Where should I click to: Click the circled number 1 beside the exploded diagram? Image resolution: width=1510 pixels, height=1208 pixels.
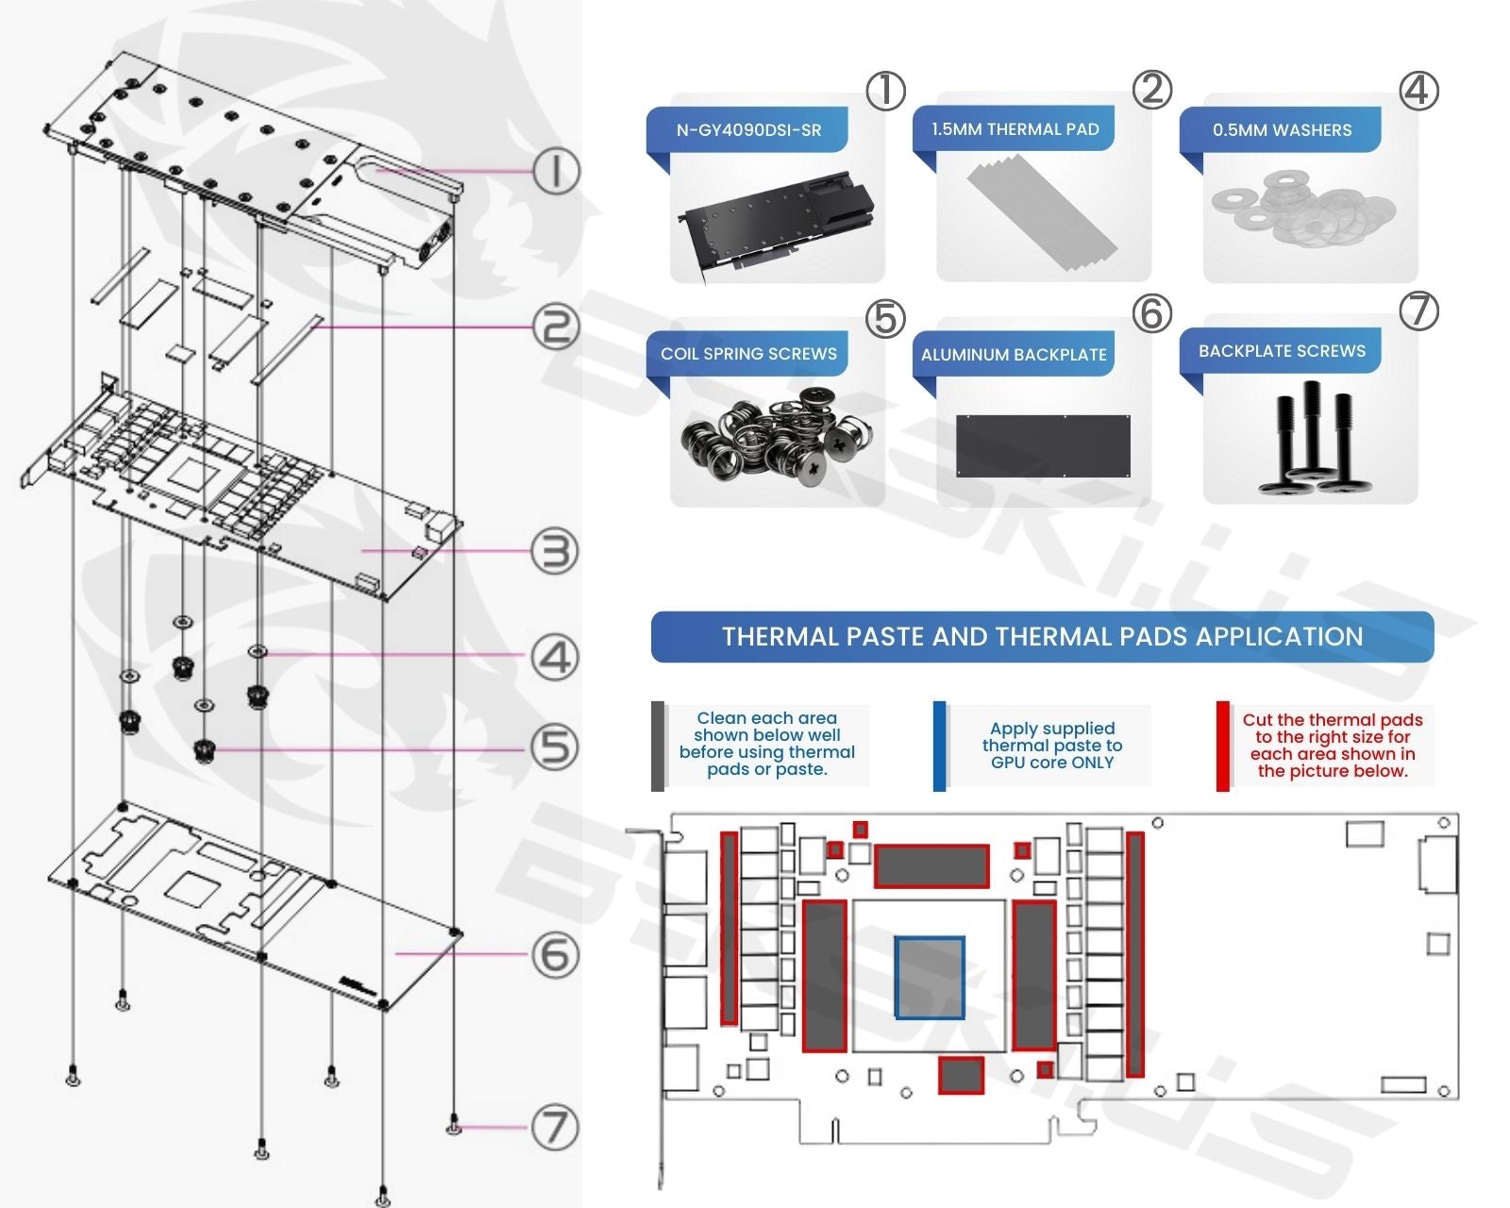(555, 172)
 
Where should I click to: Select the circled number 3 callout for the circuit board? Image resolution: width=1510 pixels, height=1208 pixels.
(554, 551)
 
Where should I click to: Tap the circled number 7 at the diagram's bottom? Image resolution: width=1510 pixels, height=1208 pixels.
(554, 1127)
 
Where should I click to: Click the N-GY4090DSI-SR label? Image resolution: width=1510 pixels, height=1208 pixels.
(748, 130)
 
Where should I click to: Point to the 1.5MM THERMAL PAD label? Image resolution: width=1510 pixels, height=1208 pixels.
(1015, 129)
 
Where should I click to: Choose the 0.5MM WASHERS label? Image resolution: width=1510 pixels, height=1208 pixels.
(1282, 130)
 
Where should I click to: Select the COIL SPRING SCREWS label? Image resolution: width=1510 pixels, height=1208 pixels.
(748, 354)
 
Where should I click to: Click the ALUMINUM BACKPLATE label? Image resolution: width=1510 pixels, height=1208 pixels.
(1014, 355)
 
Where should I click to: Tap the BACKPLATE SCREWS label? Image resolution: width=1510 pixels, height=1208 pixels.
(1282, 351)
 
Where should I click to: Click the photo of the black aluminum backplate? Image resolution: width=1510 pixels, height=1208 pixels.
(1043, 445)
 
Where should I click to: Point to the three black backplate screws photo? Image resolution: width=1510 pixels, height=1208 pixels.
(1311, 439)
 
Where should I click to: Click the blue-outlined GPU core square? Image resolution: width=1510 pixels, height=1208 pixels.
(930, 978)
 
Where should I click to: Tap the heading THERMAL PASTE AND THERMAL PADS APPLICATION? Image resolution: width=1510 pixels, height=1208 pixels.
(1042, 637)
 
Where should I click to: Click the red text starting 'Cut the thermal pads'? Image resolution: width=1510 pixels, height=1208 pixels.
(1332, 746)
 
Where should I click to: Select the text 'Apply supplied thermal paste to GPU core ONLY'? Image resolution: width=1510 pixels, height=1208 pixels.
(1051, 746)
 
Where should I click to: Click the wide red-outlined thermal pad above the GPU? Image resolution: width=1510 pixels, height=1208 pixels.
(931, 866)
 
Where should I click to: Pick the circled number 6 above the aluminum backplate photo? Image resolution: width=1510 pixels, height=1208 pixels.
(1151, 313)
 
